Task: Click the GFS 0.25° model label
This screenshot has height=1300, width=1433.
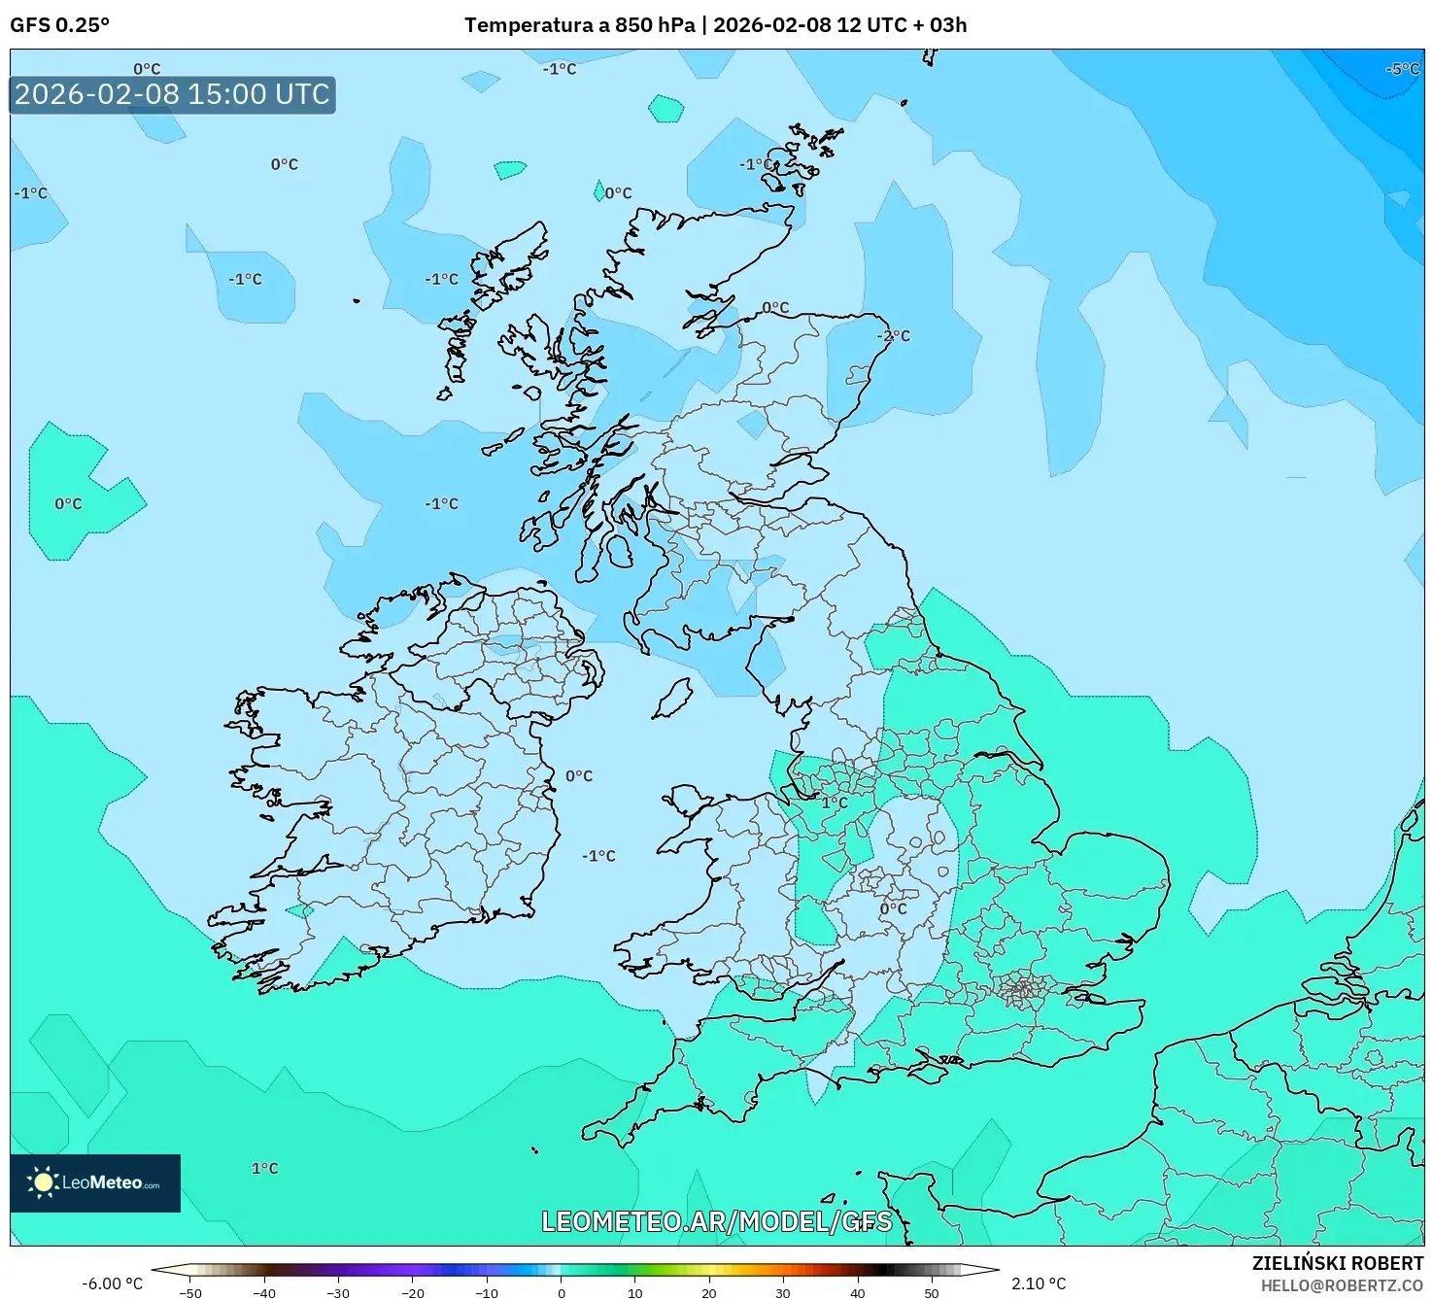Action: [x=59, y=25]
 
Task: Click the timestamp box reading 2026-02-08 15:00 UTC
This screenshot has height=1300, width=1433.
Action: [x=172, y=94]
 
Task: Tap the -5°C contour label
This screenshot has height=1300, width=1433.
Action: [x=1402, y=69]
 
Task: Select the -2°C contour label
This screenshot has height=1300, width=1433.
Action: [x=894, y=336]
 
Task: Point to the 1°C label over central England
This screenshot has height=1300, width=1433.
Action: [x=835, y=803]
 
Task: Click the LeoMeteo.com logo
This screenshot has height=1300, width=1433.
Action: [x=95, y=1182]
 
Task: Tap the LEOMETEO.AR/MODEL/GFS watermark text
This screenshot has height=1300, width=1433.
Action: [x=716, y=1221]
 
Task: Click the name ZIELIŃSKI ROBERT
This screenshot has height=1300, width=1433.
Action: [x=1337, y=1264]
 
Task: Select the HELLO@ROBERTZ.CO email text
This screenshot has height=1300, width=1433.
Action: [x=1342, y=1285]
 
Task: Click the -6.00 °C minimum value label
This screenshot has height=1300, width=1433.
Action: [x=113, y=1283]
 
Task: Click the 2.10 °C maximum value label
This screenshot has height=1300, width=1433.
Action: [x=1039, y=1283]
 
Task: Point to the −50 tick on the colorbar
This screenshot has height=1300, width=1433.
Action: [x=190, y=1293]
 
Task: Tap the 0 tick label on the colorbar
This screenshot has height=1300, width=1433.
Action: [x=561, y=1293]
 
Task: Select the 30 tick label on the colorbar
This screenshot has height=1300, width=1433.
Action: [x=783, y=1293]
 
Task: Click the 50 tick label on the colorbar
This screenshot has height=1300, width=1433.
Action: [x=931, y=1293]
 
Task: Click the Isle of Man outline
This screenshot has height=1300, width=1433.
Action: [x=672, y=698]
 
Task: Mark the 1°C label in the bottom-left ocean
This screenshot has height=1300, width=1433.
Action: [x=264, y=1168]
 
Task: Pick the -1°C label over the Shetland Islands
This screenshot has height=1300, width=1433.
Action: [x=757, y=164]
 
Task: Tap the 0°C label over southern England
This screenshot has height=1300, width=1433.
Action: [x=893, y=908]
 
